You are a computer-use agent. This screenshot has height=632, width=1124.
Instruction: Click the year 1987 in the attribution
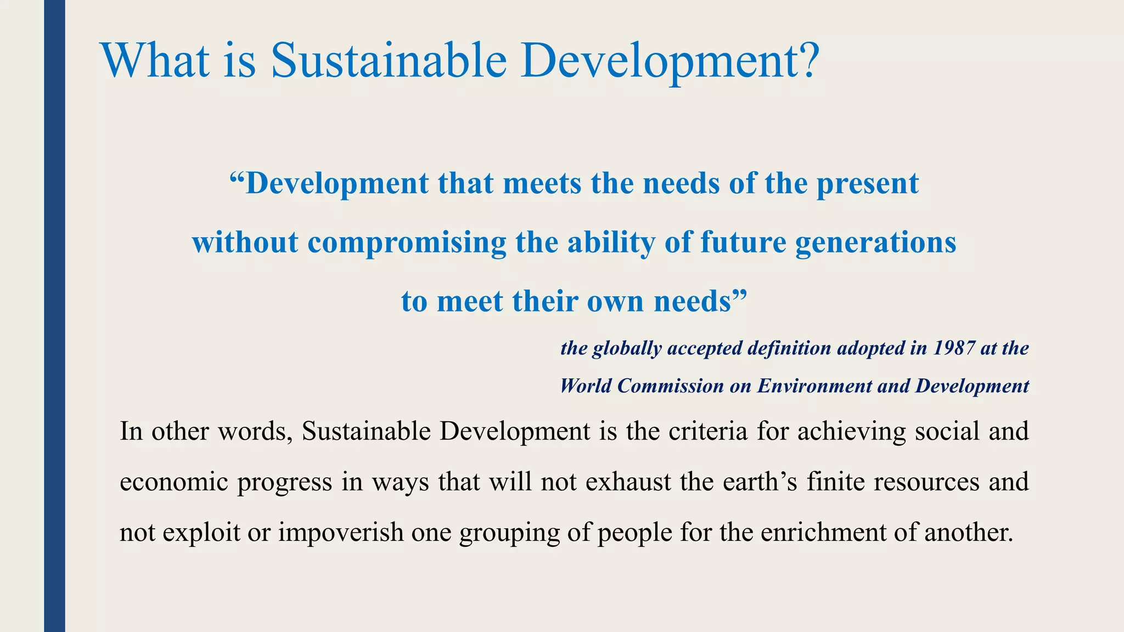coord(954,348)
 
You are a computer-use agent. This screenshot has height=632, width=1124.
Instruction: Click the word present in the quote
coord(867,184)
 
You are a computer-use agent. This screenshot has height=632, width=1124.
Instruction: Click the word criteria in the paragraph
coord(708,431)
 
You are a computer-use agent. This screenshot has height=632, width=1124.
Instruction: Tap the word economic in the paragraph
coord(172,482)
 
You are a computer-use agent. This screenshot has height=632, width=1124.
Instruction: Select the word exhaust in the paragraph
coord(628,482)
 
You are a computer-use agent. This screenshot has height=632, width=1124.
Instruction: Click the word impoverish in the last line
coord(341,532)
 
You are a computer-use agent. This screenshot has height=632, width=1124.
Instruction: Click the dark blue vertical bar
coord(54,316)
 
